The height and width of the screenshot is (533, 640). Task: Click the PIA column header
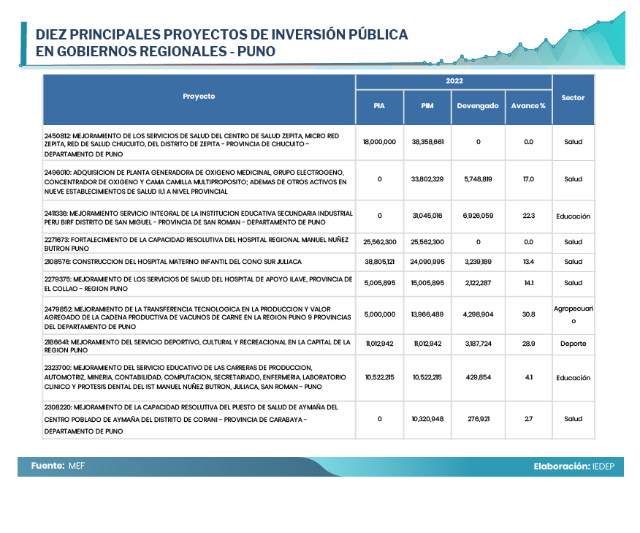379,106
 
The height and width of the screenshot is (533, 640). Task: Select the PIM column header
427,106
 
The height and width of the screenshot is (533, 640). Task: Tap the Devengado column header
478,106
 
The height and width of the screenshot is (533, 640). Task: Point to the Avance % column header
528,106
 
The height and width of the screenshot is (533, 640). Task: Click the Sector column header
573,98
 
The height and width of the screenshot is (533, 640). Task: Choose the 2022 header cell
454,81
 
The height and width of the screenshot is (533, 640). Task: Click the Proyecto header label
199,97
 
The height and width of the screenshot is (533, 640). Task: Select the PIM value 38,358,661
427,142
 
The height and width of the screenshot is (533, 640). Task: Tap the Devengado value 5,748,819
478,179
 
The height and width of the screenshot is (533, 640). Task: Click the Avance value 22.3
528,216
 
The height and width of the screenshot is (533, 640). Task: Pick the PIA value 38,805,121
379,262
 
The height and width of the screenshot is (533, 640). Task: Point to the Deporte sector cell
573,343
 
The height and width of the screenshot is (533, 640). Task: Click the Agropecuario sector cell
573,314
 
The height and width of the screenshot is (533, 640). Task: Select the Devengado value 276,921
478,419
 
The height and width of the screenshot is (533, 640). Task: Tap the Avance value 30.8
528,314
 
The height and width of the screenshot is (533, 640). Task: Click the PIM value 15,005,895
427,283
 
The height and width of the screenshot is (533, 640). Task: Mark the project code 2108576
56,262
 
